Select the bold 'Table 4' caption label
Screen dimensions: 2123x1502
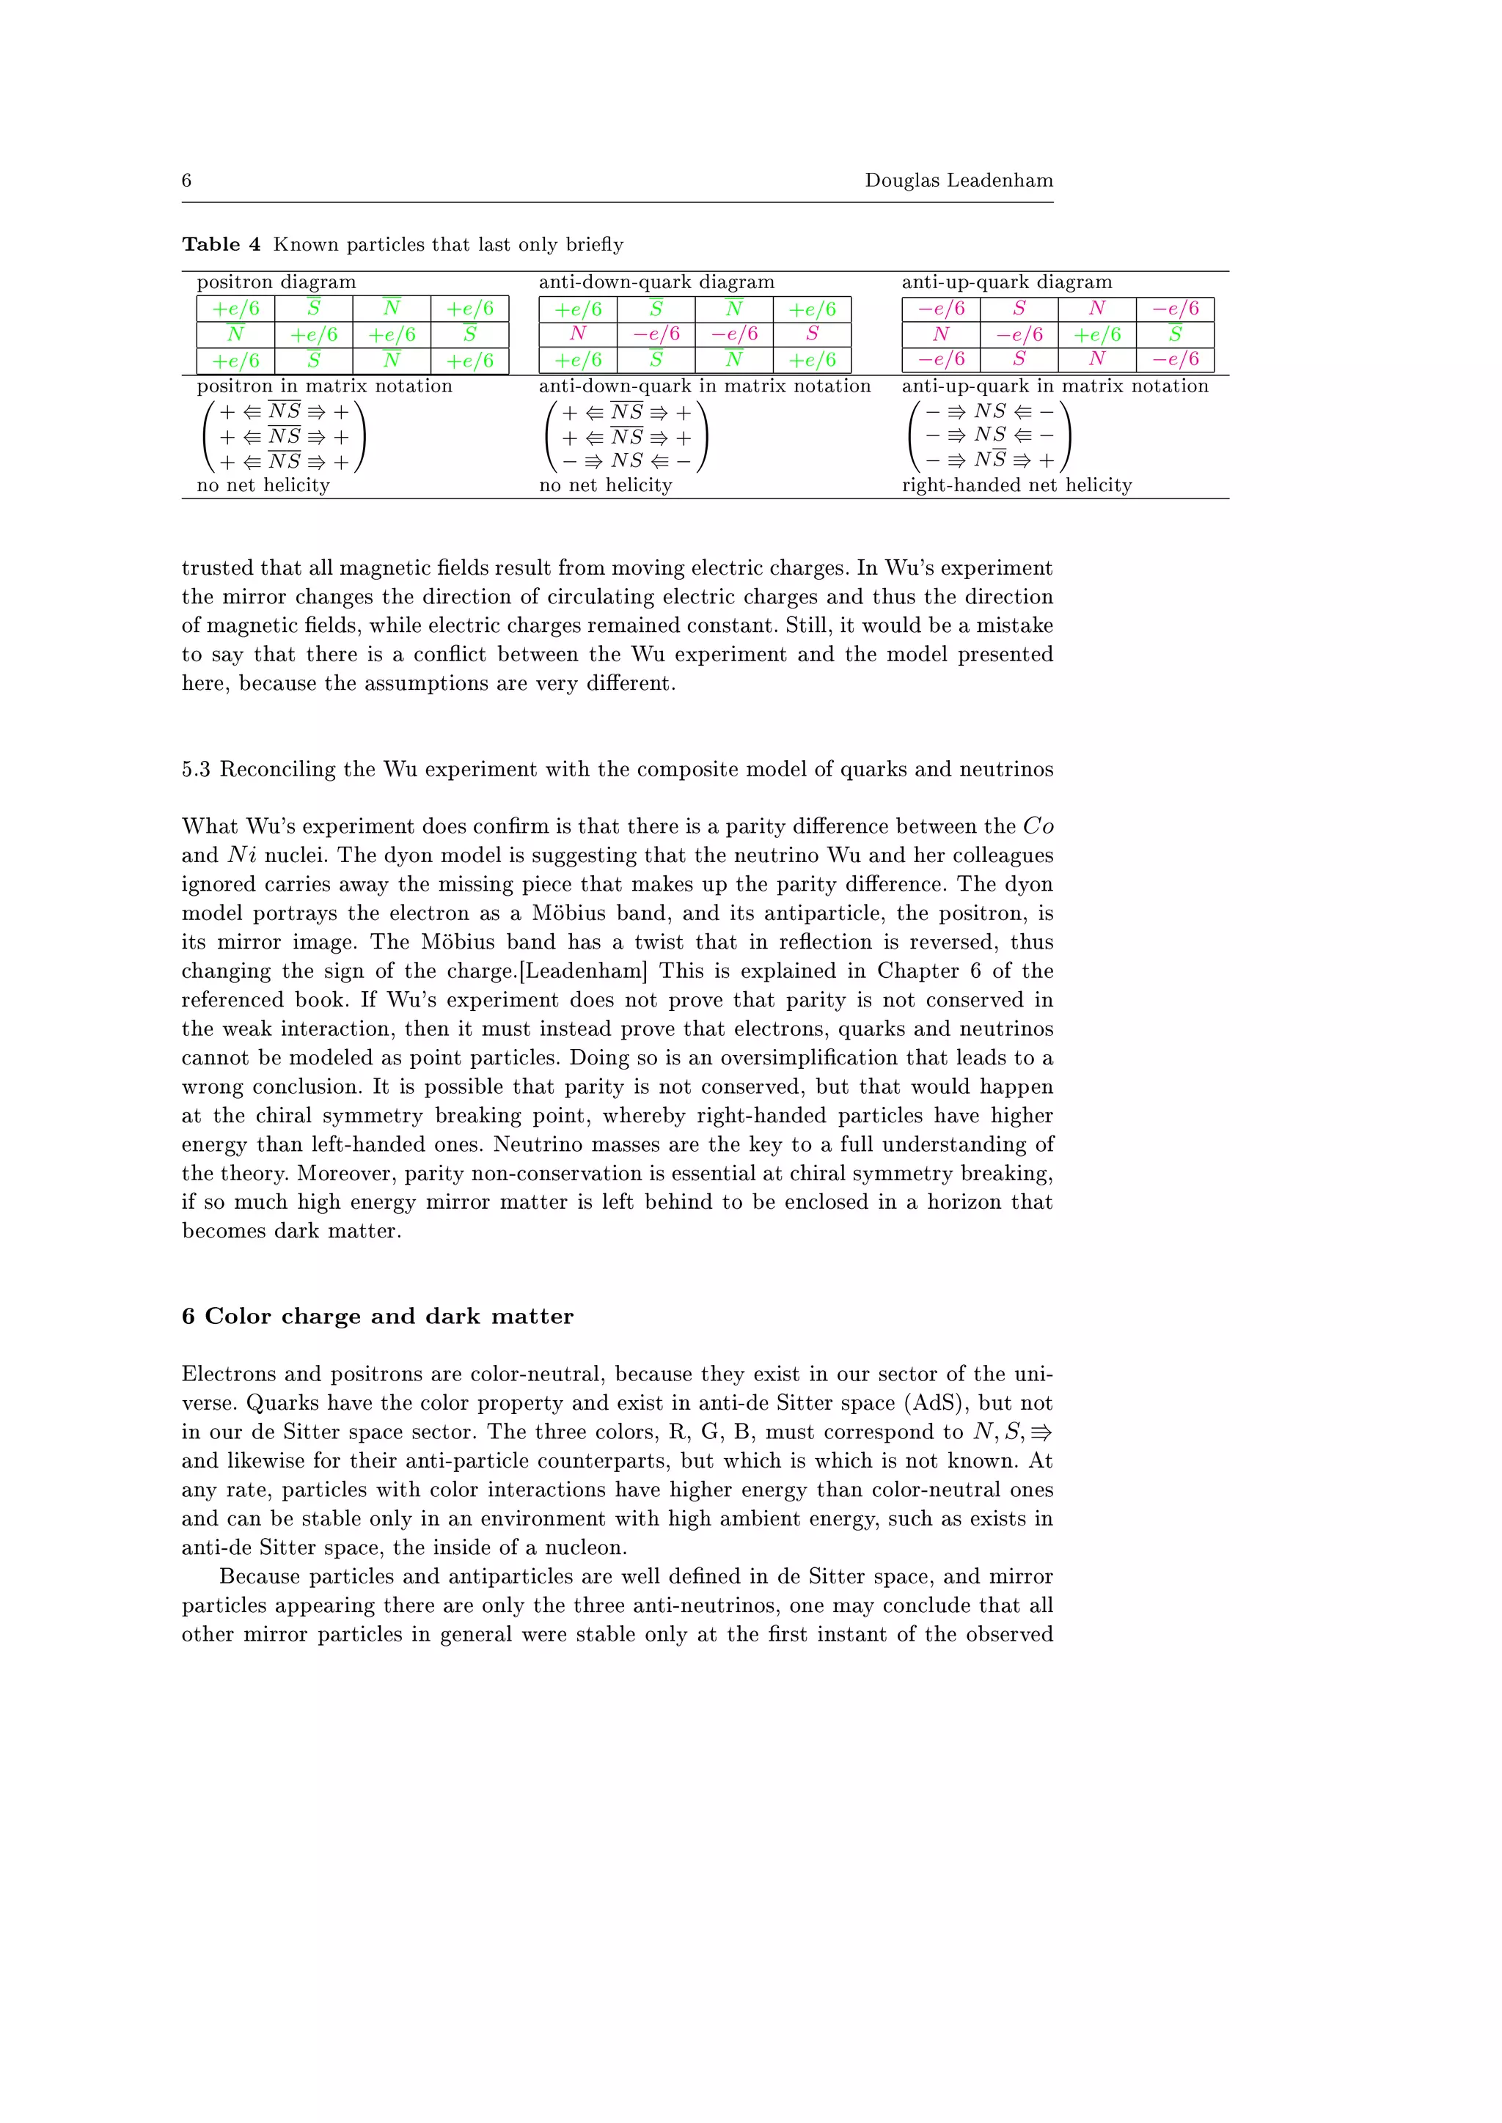point(221,244)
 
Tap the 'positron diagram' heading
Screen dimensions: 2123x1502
point(276,282)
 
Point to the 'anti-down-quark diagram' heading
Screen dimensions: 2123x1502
point(656,282)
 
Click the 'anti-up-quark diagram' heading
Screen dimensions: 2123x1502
point(1006,282)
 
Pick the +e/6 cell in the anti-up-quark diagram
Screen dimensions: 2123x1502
point(1097,334)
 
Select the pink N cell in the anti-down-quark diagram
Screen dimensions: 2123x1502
point(578,334)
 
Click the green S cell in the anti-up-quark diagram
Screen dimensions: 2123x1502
point(1175,334)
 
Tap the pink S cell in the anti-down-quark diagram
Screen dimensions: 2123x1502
point(812,334)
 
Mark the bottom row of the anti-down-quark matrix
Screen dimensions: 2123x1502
point(626,460)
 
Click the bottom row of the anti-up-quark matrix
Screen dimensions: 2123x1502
point(989,460)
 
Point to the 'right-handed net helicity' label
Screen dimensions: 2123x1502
point(1016,485)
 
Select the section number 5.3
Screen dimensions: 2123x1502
point(195,769)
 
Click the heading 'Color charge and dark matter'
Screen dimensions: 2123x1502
point(389,1316)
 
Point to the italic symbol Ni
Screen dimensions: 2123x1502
point(242,856)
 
